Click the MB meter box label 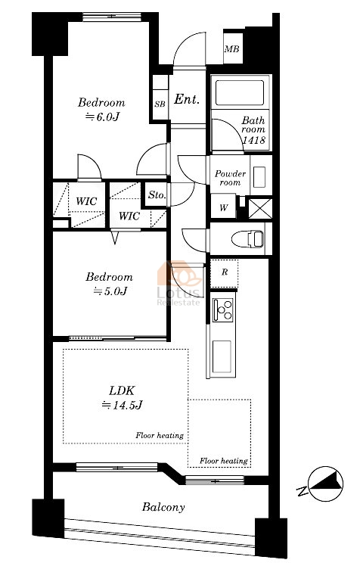(231, 48)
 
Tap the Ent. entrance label (187, 99)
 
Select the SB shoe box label (160, 104)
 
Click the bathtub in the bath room (240, 93)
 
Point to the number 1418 (253, 140)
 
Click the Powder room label (230, 178)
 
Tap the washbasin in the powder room (259, 177)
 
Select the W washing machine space (224, 207)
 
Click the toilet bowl (248, 239)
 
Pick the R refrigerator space (225, 272)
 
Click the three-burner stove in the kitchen (223, 310)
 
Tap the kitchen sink (222, 356)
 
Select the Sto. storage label (157, 195)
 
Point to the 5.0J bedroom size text (110, 291)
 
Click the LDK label (122, 390)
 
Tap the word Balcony (163, 507)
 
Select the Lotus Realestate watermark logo (179, 283)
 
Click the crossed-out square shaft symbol (260, 208)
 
